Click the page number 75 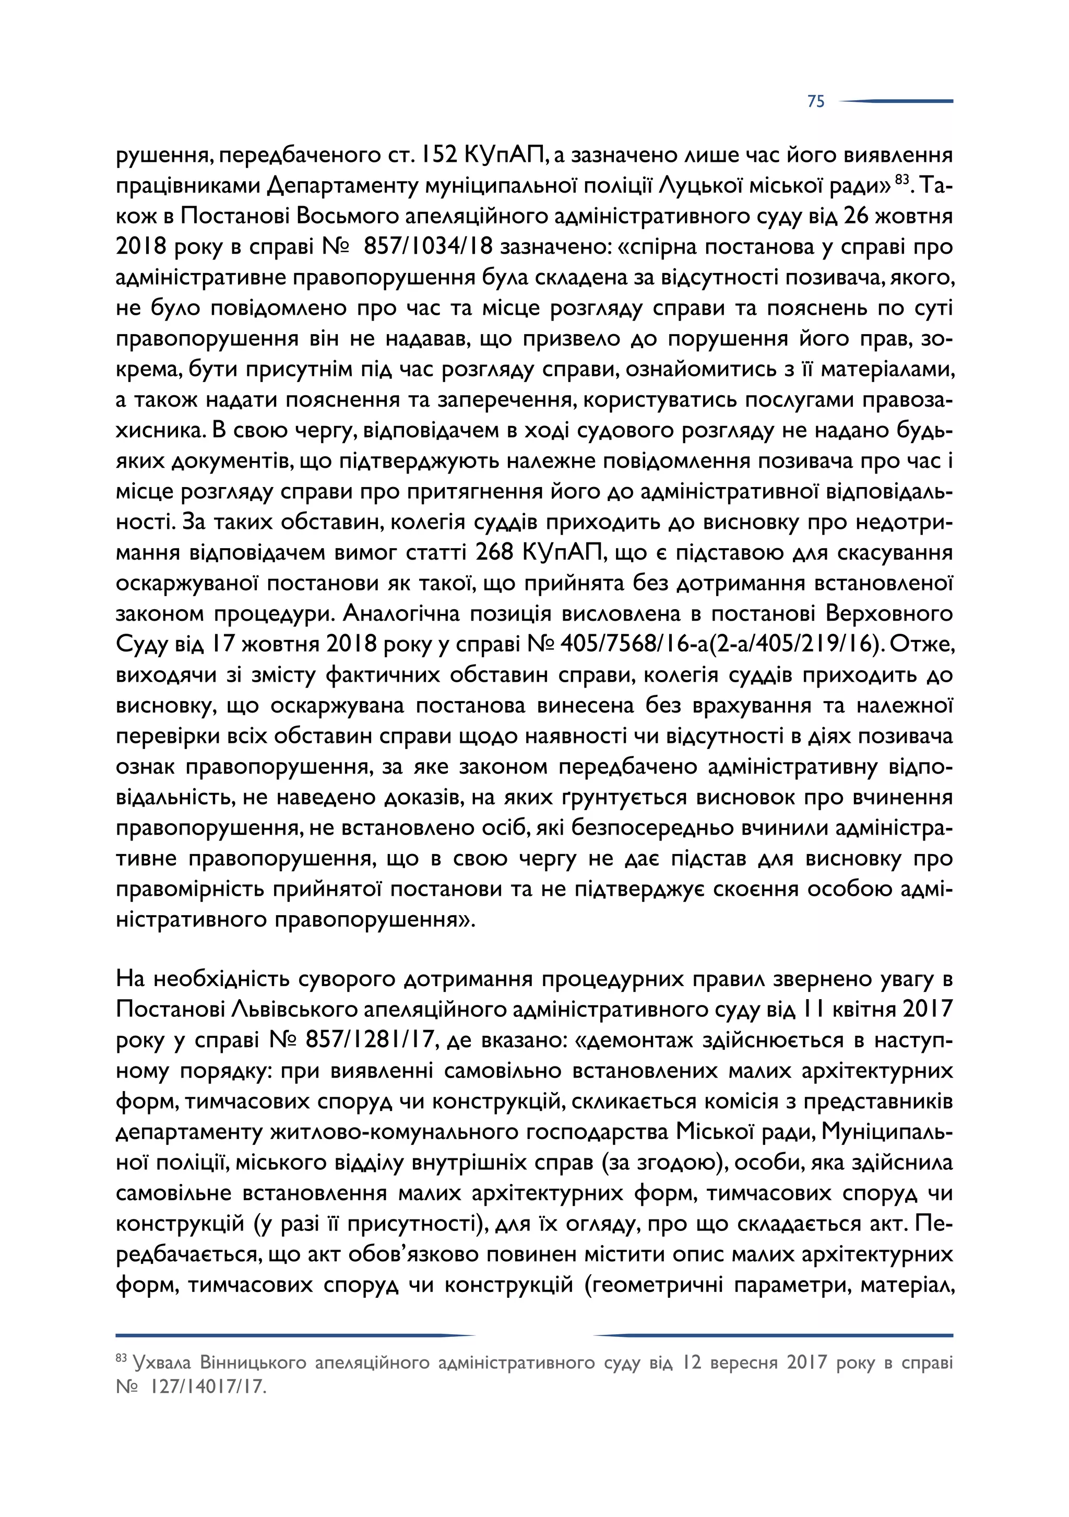815,101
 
